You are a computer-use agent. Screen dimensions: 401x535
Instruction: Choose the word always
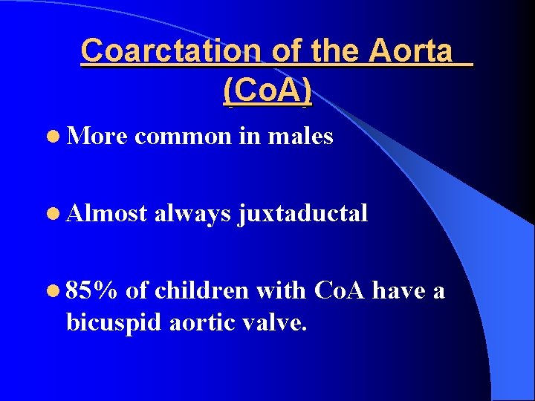click(193, 215)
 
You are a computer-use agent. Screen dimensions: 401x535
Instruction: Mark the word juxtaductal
click(303, 215)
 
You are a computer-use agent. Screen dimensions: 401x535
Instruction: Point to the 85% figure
click(91, 290)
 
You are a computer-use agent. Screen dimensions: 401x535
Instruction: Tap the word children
click(200, 290)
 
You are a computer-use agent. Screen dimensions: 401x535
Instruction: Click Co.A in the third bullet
click(340, 290)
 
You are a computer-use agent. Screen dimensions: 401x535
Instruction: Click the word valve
click(276, 323)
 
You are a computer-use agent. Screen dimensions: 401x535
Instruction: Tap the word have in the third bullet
click(398, 290)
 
